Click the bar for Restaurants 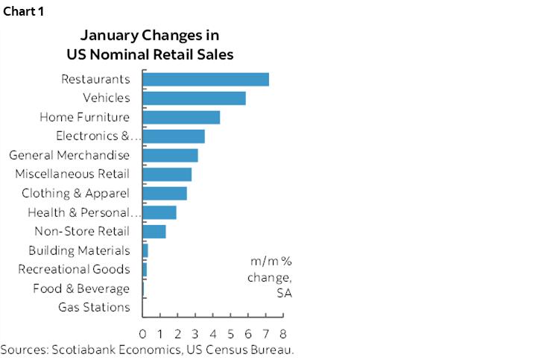(206, 79)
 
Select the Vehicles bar (194, 98)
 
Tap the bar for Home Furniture (181, 117)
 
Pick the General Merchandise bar (170, 155)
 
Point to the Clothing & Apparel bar (165, 194)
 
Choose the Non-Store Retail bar (154, 232)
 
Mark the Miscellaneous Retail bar (167, 174)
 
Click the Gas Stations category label (94, 307)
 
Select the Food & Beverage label (81, 288)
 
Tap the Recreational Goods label (74, 269)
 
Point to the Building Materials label (79, 250)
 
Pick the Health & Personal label (83, 212)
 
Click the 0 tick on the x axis (142, 332)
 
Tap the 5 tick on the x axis (231, 332)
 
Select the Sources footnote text (148, 350)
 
